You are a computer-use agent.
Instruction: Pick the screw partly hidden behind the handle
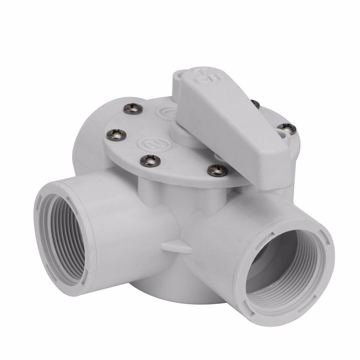click(x=255, y=104)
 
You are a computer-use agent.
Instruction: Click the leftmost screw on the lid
click(x=116, y=134)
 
